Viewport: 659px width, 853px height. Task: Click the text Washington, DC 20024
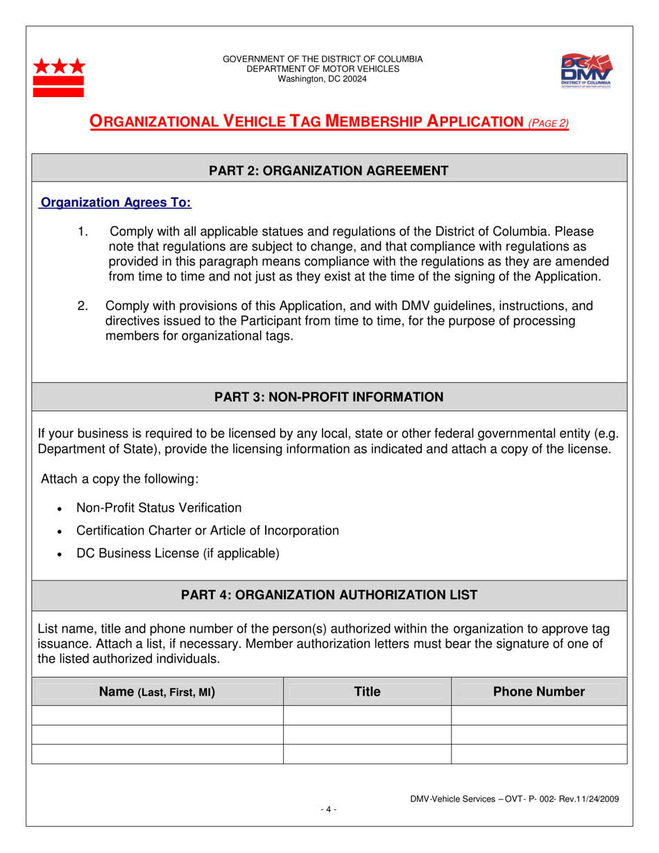tap(323, 79)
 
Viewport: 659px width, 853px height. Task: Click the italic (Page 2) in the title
tap(549, 123)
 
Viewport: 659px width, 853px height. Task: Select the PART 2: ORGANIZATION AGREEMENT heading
tap(329, 170)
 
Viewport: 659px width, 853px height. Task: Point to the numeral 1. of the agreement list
tap(83, 231)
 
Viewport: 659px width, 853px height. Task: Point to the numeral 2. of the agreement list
tap(83, 306)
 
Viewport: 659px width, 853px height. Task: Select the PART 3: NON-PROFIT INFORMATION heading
tap(329, 397)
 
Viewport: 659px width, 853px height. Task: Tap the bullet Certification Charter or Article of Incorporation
tap(207, 531)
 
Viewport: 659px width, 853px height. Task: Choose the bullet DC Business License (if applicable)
tap(178, 553)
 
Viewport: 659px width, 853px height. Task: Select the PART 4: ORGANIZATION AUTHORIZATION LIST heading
tap(329, 595)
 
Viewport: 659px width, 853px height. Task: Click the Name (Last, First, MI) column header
tap(157, 691)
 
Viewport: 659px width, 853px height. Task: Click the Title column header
tap(367, 691)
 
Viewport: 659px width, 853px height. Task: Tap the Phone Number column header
tap(538, 691)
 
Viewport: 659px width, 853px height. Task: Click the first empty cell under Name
tap(157, 715)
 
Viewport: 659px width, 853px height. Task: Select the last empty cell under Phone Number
tap(538, 754)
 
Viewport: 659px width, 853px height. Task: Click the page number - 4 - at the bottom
tap(329, 809)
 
